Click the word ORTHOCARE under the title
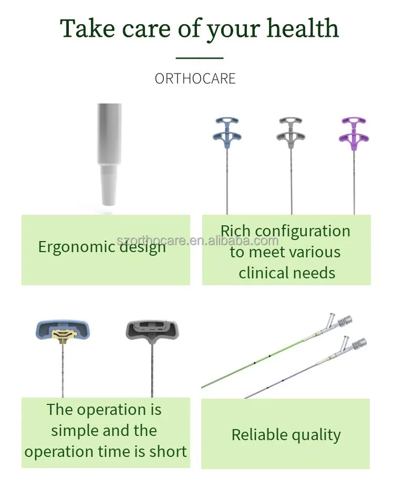pos(195,79)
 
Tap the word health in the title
pos(300,28)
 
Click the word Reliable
pos(257,435)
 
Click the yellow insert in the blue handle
pos(64,335)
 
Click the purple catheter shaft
pos(284,381)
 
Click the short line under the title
pos(199,58)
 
